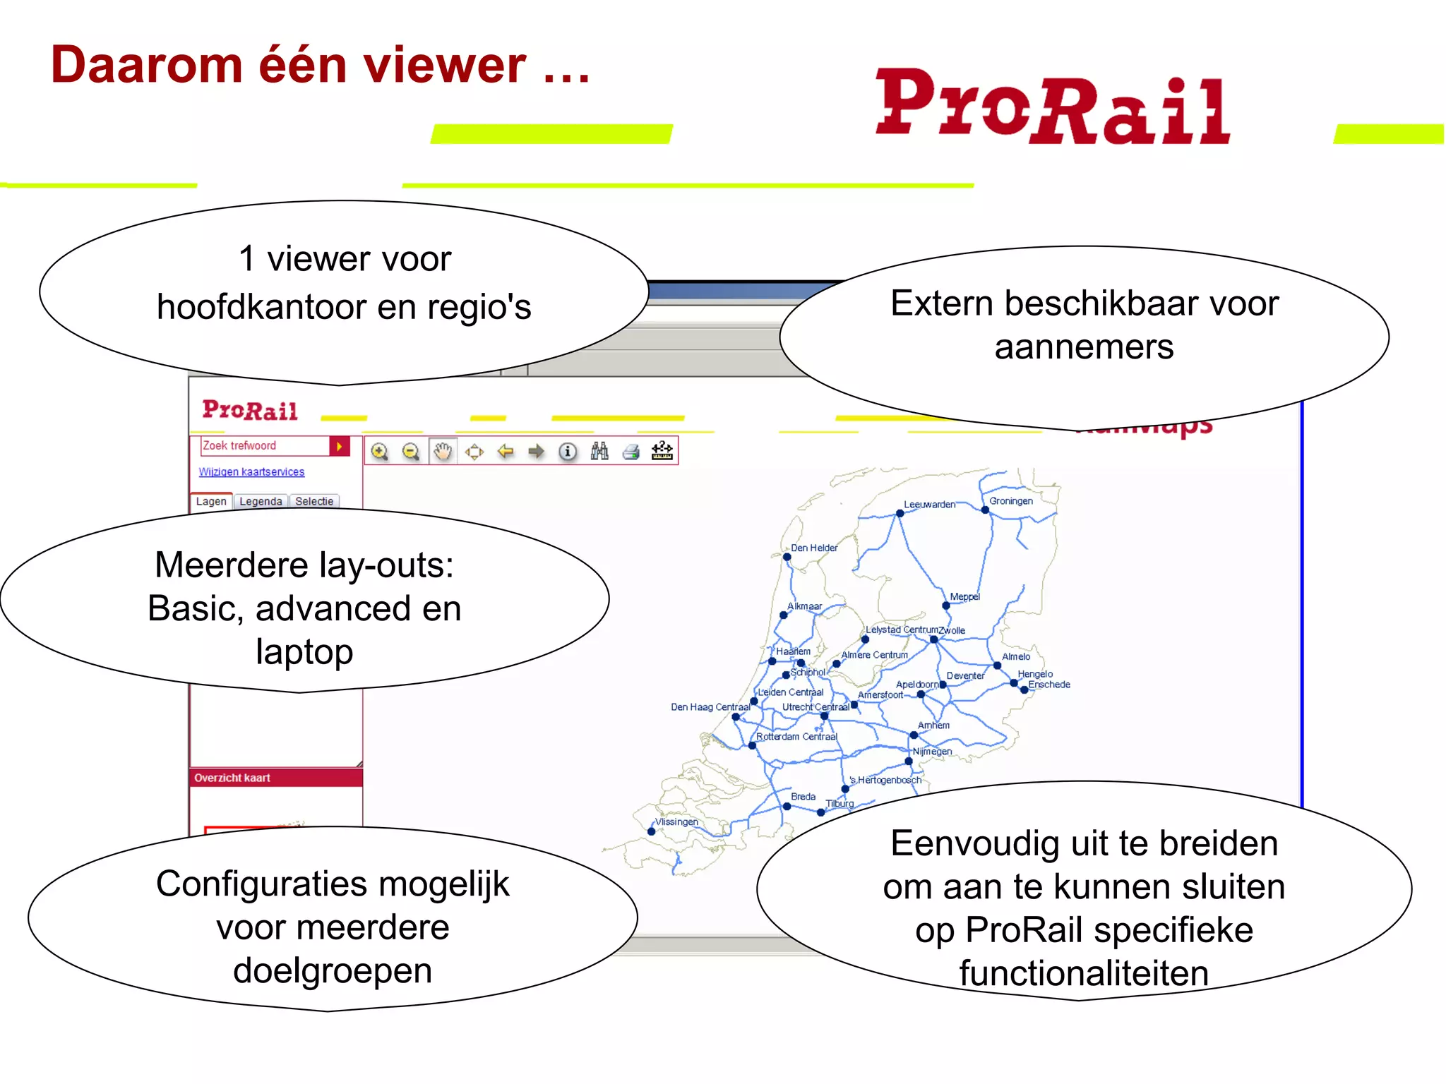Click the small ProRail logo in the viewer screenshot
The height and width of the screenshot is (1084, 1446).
250,410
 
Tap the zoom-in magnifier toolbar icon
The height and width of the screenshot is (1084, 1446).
380,452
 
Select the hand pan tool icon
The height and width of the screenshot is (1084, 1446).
443,452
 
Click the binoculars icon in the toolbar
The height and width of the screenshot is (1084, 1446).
599,452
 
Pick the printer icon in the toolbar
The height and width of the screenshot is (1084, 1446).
631,452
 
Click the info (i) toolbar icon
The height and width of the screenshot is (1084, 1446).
568,452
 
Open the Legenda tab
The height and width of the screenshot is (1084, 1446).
261,501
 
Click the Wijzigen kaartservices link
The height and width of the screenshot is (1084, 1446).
251,471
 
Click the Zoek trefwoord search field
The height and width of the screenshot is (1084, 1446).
265,446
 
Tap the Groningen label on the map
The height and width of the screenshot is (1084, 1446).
1010,501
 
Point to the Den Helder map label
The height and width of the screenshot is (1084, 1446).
814,548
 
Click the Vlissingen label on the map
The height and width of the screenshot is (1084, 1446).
676,821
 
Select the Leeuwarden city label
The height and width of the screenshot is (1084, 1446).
929,505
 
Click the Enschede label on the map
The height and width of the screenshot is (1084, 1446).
1049,685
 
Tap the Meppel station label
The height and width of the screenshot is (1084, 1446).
964,596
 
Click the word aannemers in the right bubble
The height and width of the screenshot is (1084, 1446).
1084,347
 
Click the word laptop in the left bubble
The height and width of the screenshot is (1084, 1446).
304,651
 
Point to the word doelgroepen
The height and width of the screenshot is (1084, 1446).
333,970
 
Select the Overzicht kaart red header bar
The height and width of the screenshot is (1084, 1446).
275,778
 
